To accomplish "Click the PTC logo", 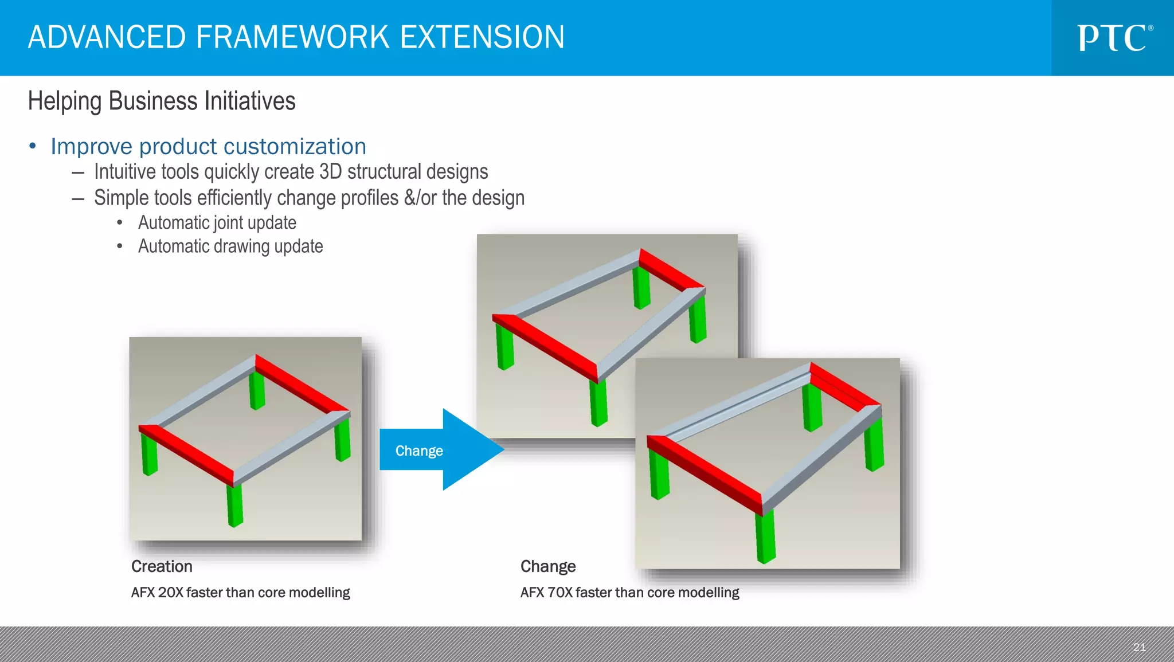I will click(x=1113, y=38).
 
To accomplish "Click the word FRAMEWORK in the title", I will click(x=292, y=37).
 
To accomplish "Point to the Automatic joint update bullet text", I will click(x=217, y=223).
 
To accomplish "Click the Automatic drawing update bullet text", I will click(x=230, y=246).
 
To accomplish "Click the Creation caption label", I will click(x=162, y=566).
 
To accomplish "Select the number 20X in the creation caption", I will click(x=170, y=593).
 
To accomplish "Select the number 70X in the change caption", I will click(x=559, y=593).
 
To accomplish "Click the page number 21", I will click(x=1139, y=647).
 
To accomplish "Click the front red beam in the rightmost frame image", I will click(x=705, y=474).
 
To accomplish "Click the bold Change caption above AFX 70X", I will click(x=547, y=566).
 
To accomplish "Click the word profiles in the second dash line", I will click(x=369, y=198).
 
